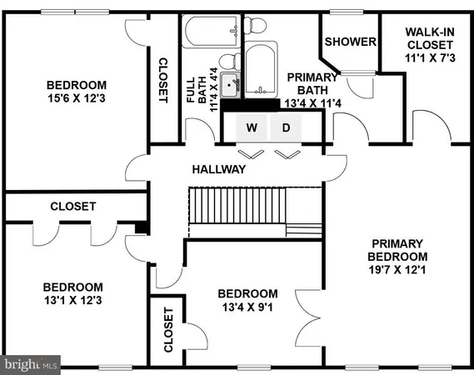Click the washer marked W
[x=251, y=128]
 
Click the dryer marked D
[x=285, y=128]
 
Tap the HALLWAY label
[x=219, y=169]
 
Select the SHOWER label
[x=347, y=42]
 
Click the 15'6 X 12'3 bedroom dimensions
[x=76, y=99]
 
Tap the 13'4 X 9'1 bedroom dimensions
[x=247, y=307]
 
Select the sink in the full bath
[x=231, y=83]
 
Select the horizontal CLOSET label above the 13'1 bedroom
[x=73, y=206]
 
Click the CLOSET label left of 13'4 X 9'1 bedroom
[x=167, y=330]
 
